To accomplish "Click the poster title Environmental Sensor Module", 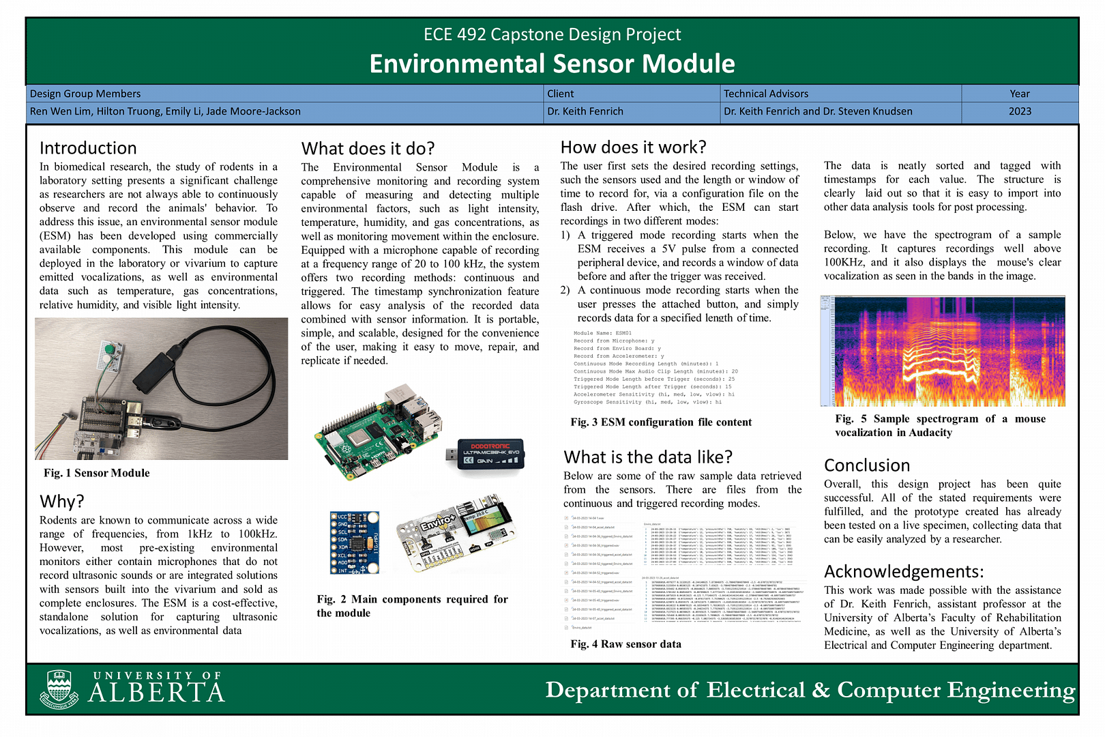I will pos(552,63).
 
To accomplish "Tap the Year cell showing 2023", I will pos(1020,111).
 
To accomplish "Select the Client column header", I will pos(561,93).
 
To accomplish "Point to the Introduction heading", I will pos(88,148).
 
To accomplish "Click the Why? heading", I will pos(62,502).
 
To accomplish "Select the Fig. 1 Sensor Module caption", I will pos(97,473).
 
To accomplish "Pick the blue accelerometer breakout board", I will pos(354,543).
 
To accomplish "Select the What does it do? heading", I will pos(368,149).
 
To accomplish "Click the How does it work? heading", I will pos(633,147).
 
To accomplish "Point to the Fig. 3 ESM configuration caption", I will pos(661,422).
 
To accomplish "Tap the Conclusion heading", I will pos(867,465).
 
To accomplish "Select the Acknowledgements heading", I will pos(904,571).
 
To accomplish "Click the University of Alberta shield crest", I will pos(59,689).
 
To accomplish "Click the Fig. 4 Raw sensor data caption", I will pos(625,644).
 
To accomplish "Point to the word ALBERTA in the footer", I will pos(157,693).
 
